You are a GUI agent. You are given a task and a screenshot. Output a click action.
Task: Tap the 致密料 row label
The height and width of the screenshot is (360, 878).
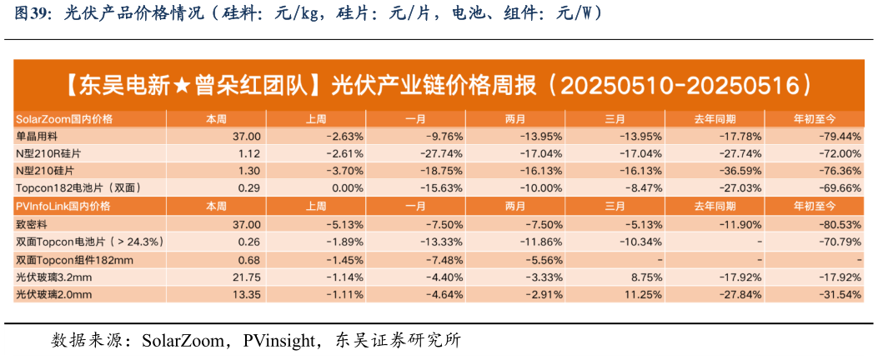click(31, 224)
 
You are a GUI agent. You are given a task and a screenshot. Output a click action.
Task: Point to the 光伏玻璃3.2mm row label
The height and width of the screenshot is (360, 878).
click(53, 277)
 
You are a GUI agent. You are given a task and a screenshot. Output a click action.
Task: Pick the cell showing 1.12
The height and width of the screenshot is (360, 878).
click(249, 153)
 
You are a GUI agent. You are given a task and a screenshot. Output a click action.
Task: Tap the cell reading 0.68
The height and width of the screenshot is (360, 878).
click(249, 260)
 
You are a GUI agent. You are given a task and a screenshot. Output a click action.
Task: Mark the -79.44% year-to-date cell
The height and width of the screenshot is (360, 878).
click(838, 136)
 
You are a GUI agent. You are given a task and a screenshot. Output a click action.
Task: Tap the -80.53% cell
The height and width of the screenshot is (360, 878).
click(838, 224)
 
